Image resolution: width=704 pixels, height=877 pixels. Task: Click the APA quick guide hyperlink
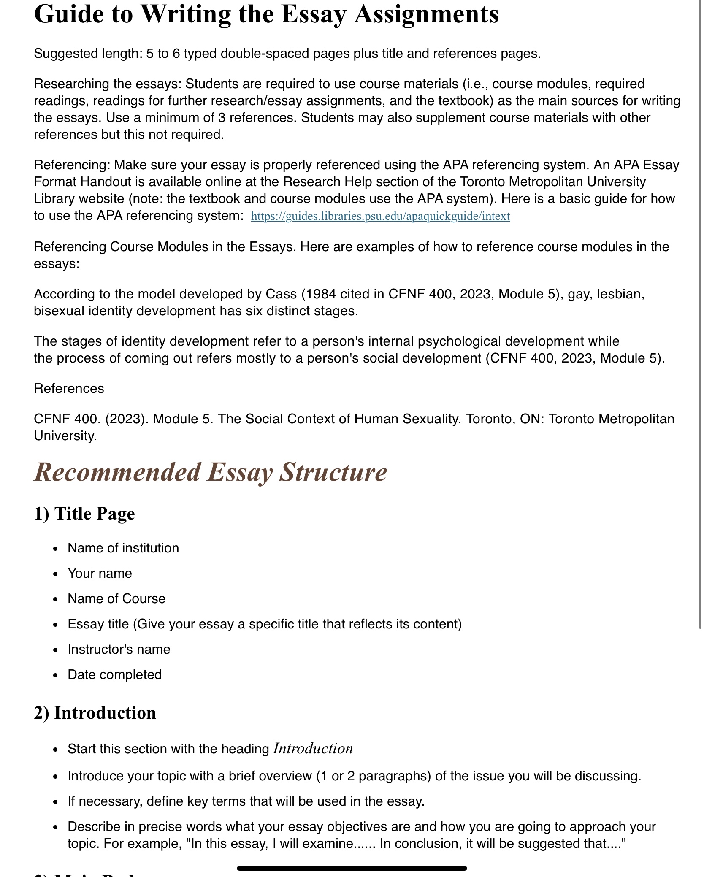(380, 217)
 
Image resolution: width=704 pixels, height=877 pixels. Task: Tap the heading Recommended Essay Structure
(210, 472)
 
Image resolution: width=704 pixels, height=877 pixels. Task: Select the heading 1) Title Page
(84, 514)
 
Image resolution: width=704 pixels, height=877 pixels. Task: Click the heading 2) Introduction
(95, 713)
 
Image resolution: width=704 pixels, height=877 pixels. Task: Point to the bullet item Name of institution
(123, 548)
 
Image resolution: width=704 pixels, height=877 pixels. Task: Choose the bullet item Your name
(100, 574)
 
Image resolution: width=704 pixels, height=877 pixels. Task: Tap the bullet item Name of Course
(116, 599)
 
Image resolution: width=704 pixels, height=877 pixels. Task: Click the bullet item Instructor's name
(119, 650)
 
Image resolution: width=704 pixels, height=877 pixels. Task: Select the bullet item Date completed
(114, 675)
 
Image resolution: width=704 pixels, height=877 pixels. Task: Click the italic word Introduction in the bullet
(313, 749)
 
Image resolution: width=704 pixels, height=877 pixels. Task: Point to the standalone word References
(69, 389)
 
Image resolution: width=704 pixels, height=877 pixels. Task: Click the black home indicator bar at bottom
(352, 868)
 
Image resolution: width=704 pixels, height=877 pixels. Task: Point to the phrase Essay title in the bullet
(98, 624)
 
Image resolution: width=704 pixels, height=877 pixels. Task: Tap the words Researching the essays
(107, 84)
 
